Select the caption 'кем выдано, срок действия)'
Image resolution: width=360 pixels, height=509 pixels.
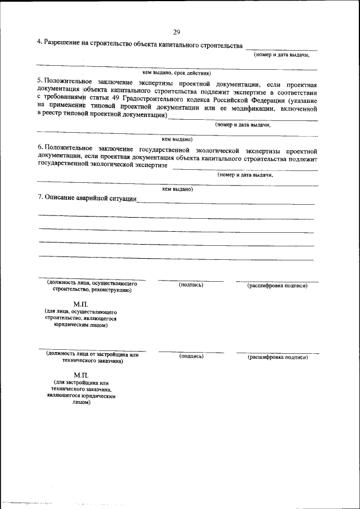point(176,73)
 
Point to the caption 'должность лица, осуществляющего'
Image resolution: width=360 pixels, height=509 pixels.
point(92,285)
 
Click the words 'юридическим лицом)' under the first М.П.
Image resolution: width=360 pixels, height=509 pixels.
point(81,325)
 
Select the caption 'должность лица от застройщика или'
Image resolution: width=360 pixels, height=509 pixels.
point(92,354)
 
